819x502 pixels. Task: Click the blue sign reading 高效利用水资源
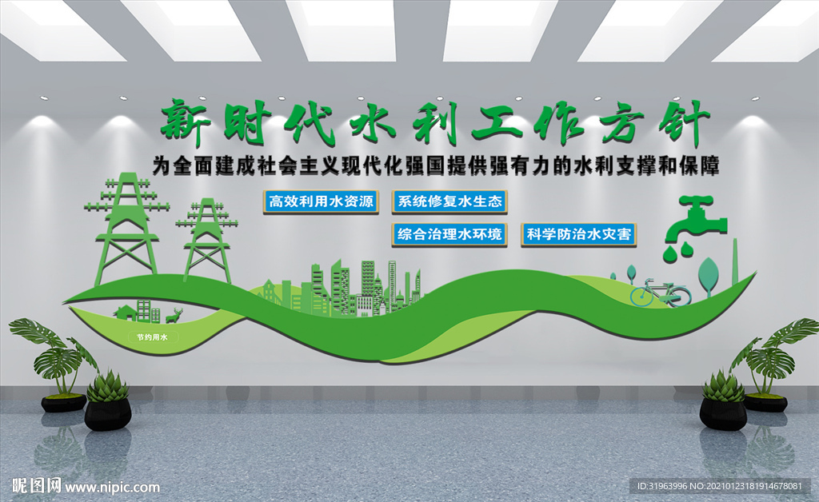coord(322,201)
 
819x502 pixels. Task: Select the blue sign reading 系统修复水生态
coord(449,201)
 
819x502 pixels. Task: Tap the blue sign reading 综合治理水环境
coord(449,234)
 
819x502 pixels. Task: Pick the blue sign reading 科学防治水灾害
coord(579,234)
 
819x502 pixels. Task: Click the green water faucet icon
coord(696,217)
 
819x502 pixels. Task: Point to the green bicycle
coord(660,293)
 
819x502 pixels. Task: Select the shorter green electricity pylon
coord(207,240)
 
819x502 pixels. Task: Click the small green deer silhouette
coord(174,314)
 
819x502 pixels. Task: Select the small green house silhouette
coord(124,312)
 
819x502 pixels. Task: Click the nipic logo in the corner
coord(85,485)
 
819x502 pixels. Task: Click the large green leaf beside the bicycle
coord(708,273)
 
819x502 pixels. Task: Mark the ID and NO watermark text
coord(720,486)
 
